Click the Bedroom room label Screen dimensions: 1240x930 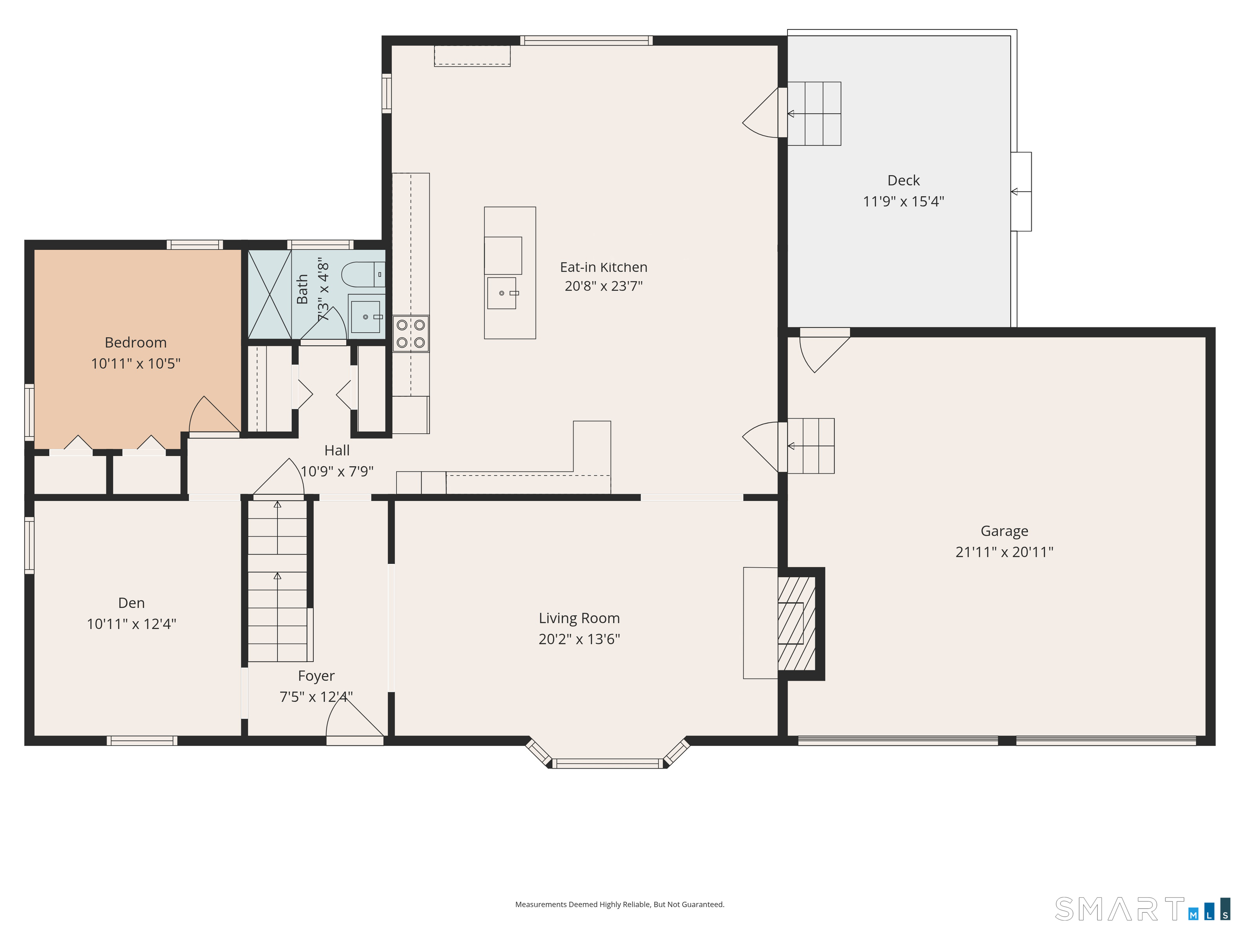pos(136,343)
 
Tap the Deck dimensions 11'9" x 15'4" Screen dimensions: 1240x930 pos(903,201)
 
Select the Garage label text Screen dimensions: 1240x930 pos(1004,531)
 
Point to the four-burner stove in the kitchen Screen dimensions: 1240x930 pos(411,333)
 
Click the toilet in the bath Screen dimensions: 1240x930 pos(363,274)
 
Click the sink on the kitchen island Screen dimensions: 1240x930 pos(501,293)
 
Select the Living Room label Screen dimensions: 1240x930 pos(579,618)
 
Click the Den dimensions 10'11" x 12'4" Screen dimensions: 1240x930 pos(131,624)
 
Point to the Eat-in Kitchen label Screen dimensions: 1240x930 pos(603,267)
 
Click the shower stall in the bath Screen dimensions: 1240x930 pos(270,294)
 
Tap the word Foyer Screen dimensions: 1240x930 pos(316,676)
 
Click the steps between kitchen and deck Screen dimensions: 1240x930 pos(814,114)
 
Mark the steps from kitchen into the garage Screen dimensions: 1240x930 pos(811,446)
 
